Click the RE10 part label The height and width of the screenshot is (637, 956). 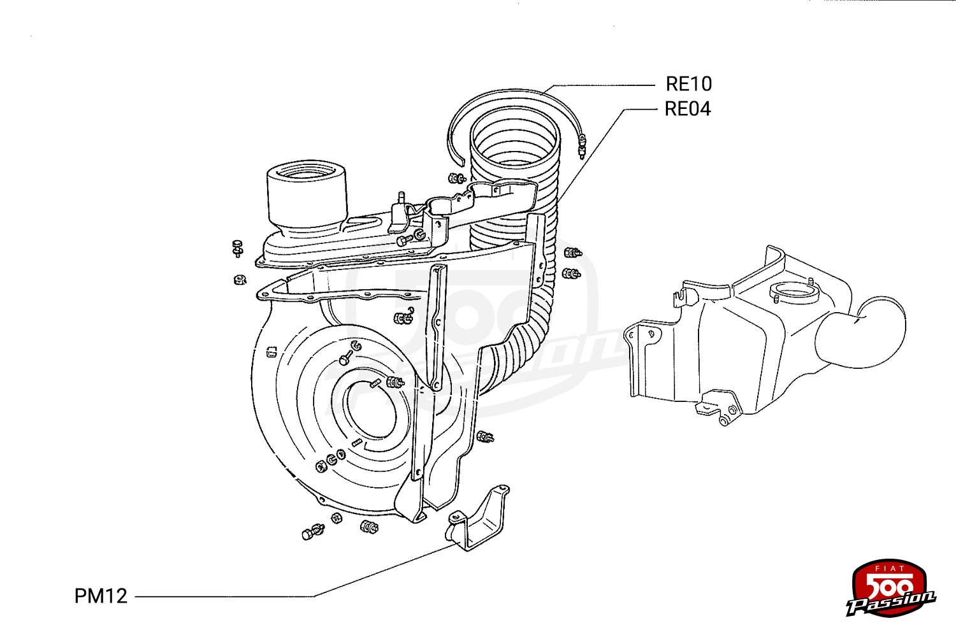pyautogui.click(x=688, y=84)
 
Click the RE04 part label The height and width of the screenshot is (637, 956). pyautogui.click(x=687, y=109)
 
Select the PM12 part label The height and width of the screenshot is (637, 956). pyautogui.click(x=101, y=596)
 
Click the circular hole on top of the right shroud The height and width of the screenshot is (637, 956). pyautogui.click(x=794, y=296)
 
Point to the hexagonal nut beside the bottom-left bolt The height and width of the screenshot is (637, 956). pyautogui.click(x=337, y=518)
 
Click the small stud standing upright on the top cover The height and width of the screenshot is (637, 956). pyautogui.click(x=401, y=197)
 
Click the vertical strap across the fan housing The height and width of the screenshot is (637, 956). pyautogui.click(x=438, y=325)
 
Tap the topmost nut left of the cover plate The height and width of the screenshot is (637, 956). pyautogui.click(x=237, y=247)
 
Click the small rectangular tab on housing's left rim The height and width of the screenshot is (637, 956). pyautogui.click(x=270, y=351)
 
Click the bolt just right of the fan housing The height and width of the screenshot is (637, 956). pyautogui.click(x=486, y=437)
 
